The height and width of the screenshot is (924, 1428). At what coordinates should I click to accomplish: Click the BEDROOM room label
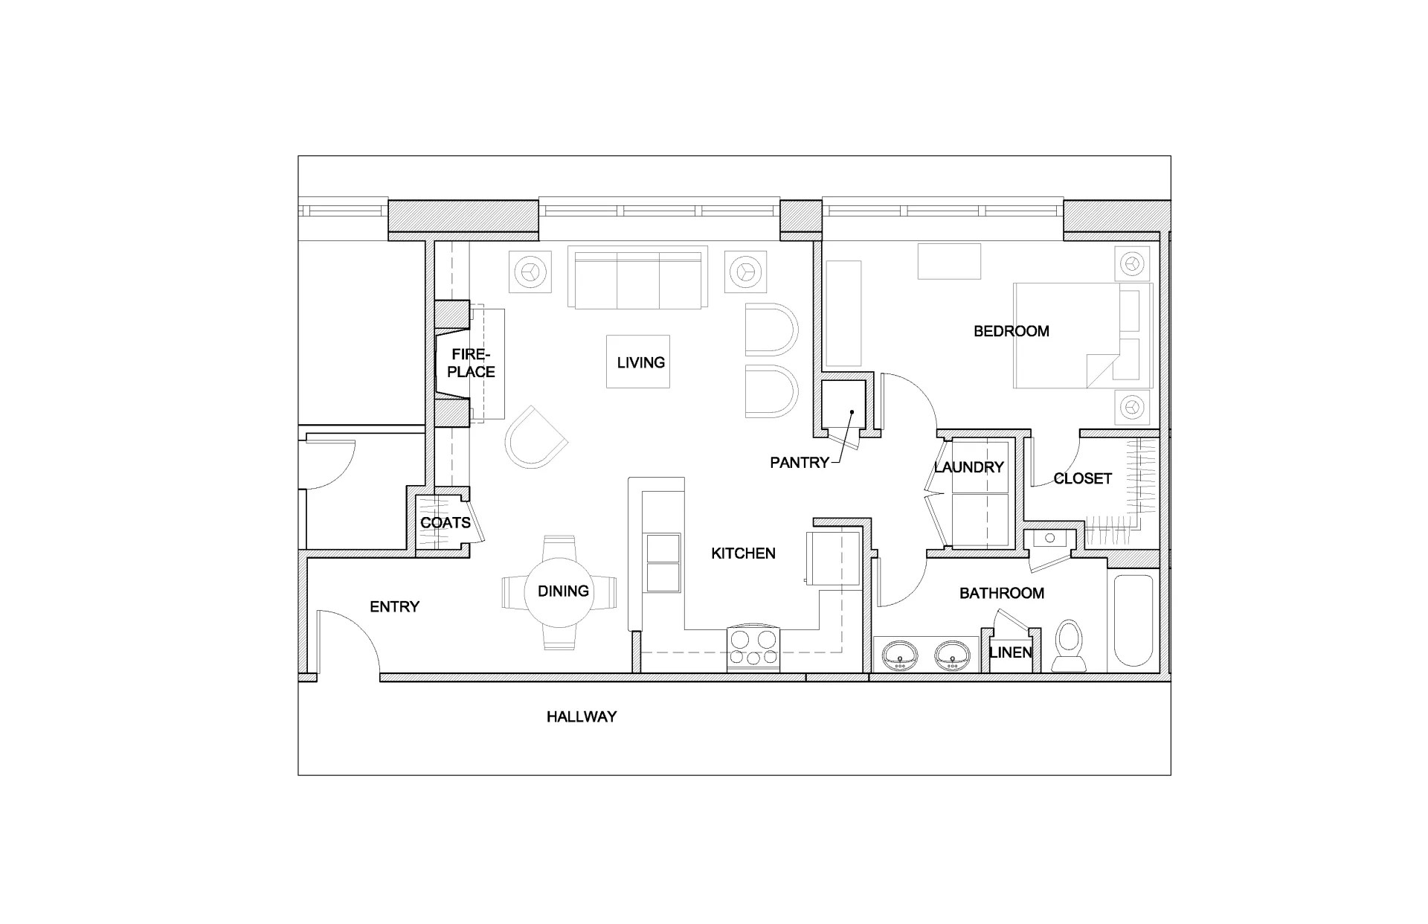click(x=1011, y=331)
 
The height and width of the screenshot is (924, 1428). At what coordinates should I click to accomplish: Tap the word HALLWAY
click(x=582, y=716)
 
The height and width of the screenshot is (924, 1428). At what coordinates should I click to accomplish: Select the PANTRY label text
click(x=799, y=463)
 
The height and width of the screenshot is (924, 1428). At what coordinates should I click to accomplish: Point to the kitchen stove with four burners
click(x=753, y=648)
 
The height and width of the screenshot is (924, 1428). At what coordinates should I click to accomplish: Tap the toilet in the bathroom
click(x=1070, y=645)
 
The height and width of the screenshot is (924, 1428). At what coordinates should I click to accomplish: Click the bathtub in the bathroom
click(x=1133, y=620)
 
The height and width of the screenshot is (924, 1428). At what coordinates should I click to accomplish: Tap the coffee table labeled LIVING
click(x=638, y=362)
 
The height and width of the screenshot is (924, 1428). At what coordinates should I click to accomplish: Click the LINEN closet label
click(x=1010, y=652)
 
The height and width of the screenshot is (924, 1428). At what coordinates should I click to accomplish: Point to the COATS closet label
click(x=445, y=523)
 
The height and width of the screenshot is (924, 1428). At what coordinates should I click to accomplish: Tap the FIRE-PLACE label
click(x=471, y=363)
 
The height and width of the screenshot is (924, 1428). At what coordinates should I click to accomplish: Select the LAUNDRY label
click(x=968, y=467)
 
